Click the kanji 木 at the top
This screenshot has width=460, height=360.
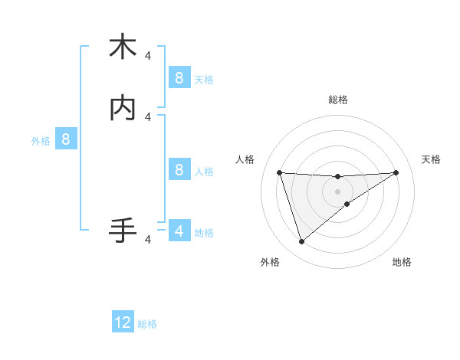(122, 47)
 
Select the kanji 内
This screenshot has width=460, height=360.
(122, 108)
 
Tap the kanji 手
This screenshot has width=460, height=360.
(122, 230)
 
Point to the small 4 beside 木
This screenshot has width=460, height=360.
(148, 56)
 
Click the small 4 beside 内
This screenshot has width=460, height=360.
(148, 116)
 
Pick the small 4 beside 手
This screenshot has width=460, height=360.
(148, 240)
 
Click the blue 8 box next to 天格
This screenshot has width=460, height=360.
(179, 77)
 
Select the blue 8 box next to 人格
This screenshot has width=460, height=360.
(179, 170)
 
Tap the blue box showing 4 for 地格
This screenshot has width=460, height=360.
(179, 231)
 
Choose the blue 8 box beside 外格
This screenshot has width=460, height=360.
(66, 139)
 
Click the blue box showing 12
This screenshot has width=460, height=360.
(123, 322)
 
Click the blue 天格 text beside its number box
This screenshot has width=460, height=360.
(204, 79)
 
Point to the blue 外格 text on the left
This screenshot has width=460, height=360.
(41, 141)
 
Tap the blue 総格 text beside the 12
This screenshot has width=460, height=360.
(147, 324)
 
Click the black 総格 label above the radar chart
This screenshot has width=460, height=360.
(337, 100)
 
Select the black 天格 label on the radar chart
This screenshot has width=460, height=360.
(431, 159)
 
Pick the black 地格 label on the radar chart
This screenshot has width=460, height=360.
(402, 262)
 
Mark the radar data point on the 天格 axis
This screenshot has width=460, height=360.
(396, 172)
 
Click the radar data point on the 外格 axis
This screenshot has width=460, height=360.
(301, 242)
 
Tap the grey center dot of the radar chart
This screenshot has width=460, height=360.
(337, 191)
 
